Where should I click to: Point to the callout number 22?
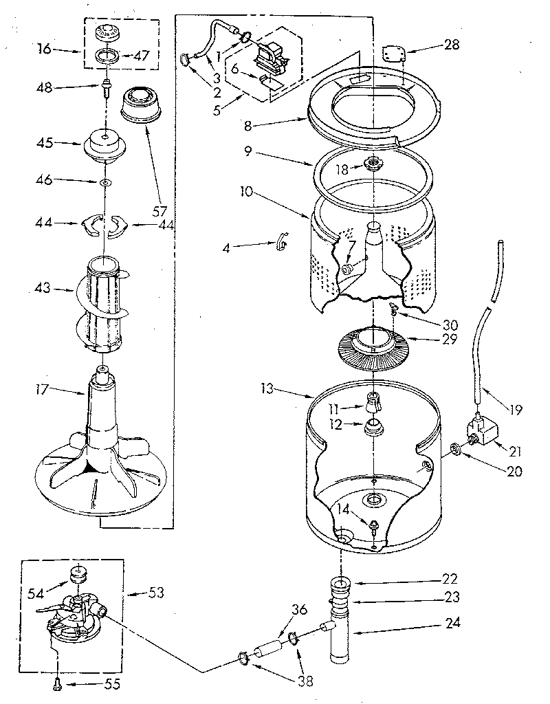pos(450,579)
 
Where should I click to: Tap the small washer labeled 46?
pos(104,183)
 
